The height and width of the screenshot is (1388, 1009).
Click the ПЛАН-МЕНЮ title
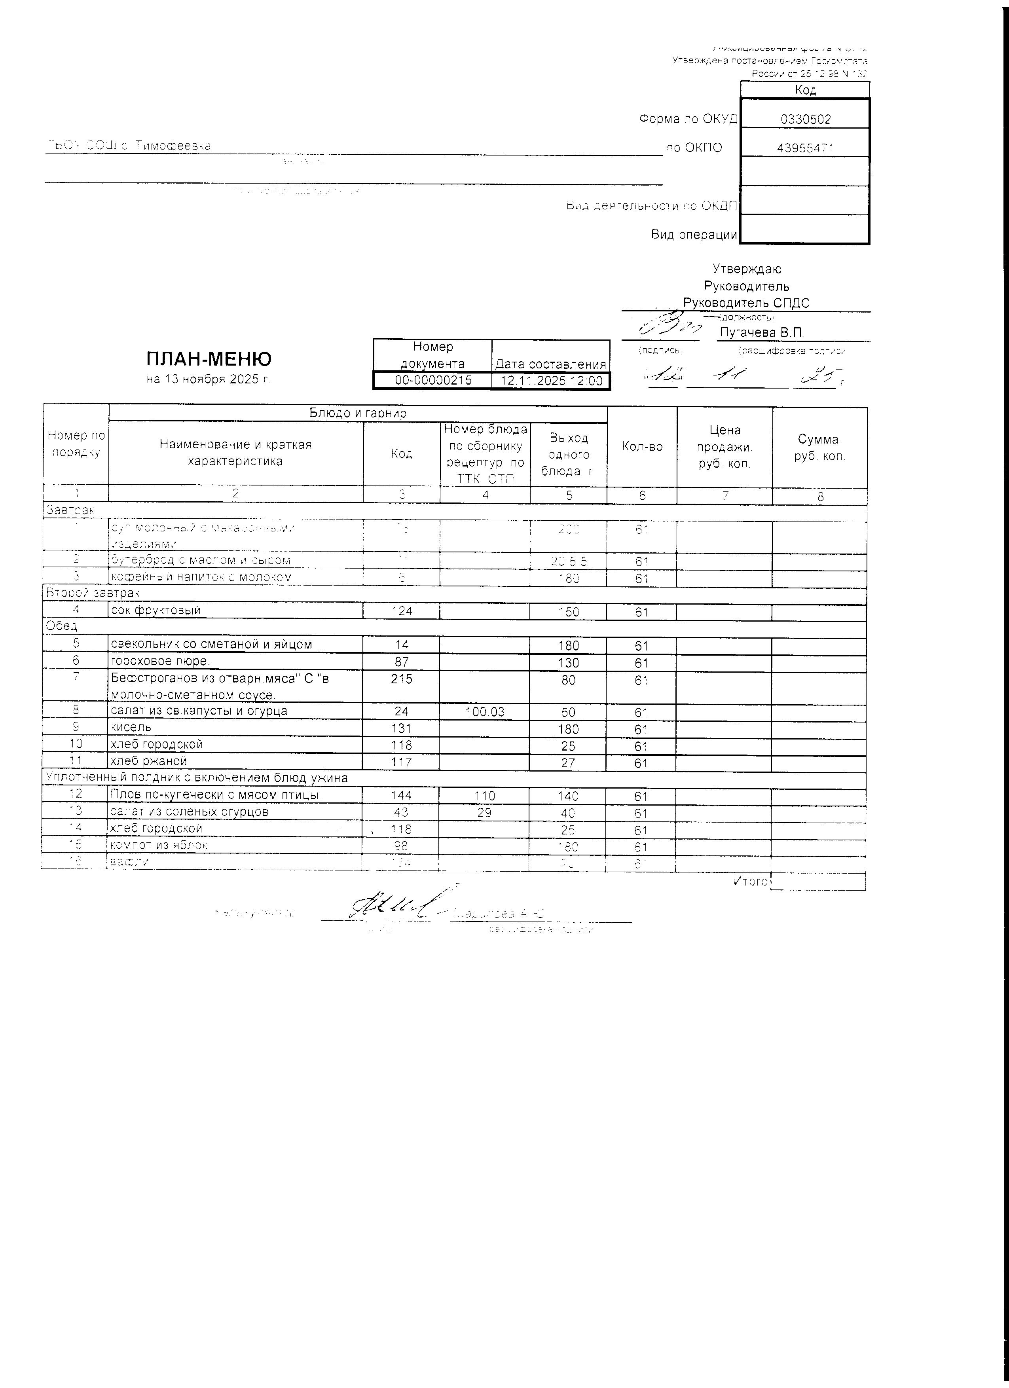(209, 358)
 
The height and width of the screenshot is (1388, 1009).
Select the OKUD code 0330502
(805, 119)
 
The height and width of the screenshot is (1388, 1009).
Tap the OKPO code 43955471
(805, 148)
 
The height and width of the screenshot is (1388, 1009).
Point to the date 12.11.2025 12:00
(551, 381)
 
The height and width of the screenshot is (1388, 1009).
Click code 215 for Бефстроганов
(401, 679)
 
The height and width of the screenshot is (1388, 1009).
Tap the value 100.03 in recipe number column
(485, 712)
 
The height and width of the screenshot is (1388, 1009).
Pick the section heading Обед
(62, 626)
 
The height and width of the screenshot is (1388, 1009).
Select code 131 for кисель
(401, 728)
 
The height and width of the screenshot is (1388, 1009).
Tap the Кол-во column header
(642, 447)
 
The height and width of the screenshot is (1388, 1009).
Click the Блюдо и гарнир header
(358, 413)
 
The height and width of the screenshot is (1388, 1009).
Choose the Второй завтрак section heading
(93, 593)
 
